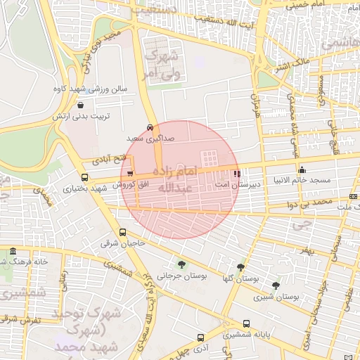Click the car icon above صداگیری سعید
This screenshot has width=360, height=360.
coord(150,128)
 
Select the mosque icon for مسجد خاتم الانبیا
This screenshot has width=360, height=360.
coord(302,169)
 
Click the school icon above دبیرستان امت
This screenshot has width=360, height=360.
coord(237,172)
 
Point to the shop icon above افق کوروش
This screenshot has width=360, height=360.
coord(131,172)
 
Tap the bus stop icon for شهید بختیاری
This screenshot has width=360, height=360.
coord(85,177)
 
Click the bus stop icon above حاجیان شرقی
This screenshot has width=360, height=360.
coord(123,232)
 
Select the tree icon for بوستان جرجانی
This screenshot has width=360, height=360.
coord(182,264)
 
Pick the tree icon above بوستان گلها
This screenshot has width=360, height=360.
coord(241,268)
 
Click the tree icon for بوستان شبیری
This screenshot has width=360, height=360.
coord(276,285)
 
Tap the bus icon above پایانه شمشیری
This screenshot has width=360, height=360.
coord(246,323)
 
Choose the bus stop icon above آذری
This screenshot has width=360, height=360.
coord(201,337)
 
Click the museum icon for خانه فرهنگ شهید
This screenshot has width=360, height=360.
coord(13,251)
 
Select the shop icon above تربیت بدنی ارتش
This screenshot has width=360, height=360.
coord(82,105)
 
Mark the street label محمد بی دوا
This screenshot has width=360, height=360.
coord(311,202)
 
